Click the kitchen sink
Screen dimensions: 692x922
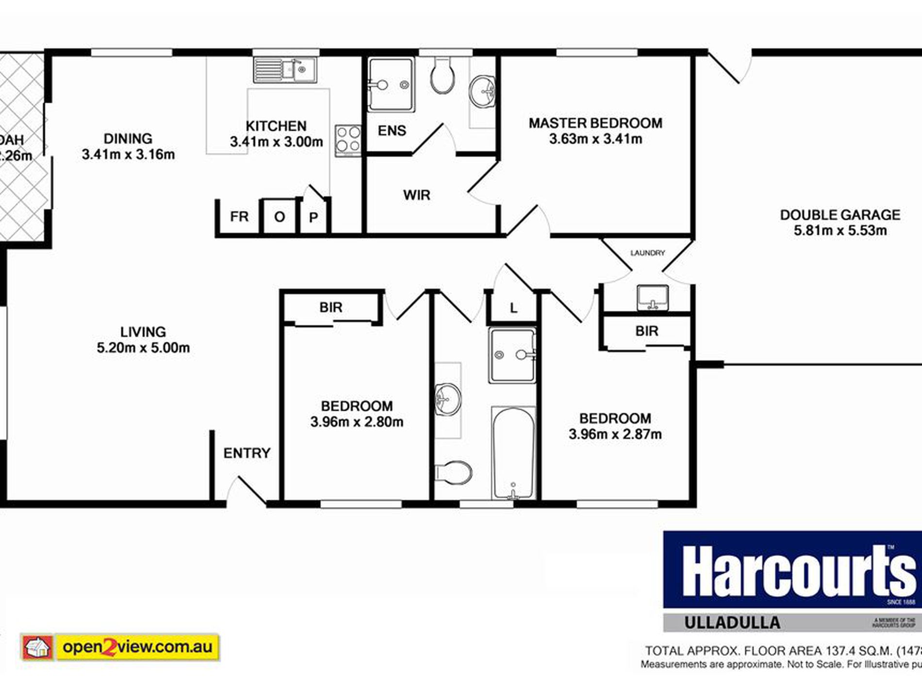[x=285, y=70]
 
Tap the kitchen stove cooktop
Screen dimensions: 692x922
[x=348, y=140]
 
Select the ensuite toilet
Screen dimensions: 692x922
[x=442, y=77]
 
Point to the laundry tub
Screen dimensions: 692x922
[x=653, y=297]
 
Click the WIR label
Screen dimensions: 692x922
[x=416, y=195]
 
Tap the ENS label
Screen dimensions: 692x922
[x=392, y=131]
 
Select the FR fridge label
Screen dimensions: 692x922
[x=239, y=217]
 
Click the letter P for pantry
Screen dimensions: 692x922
[x=313, y=218]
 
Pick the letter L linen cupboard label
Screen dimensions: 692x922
[x=513, y=308]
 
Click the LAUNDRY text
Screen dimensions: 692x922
[x=647, y=253]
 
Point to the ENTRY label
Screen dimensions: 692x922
[x=247, y=453]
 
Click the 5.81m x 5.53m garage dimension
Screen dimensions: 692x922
[x=840, y=231]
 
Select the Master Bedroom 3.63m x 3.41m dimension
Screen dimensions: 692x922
[x=595, y=139]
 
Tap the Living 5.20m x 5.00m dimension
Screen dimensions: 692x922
[x=143, y=348]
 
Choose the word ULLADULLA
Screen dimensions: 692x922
[x=732, y=623]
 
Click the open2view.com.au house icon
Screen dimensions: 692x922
[x=38, y=647]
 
